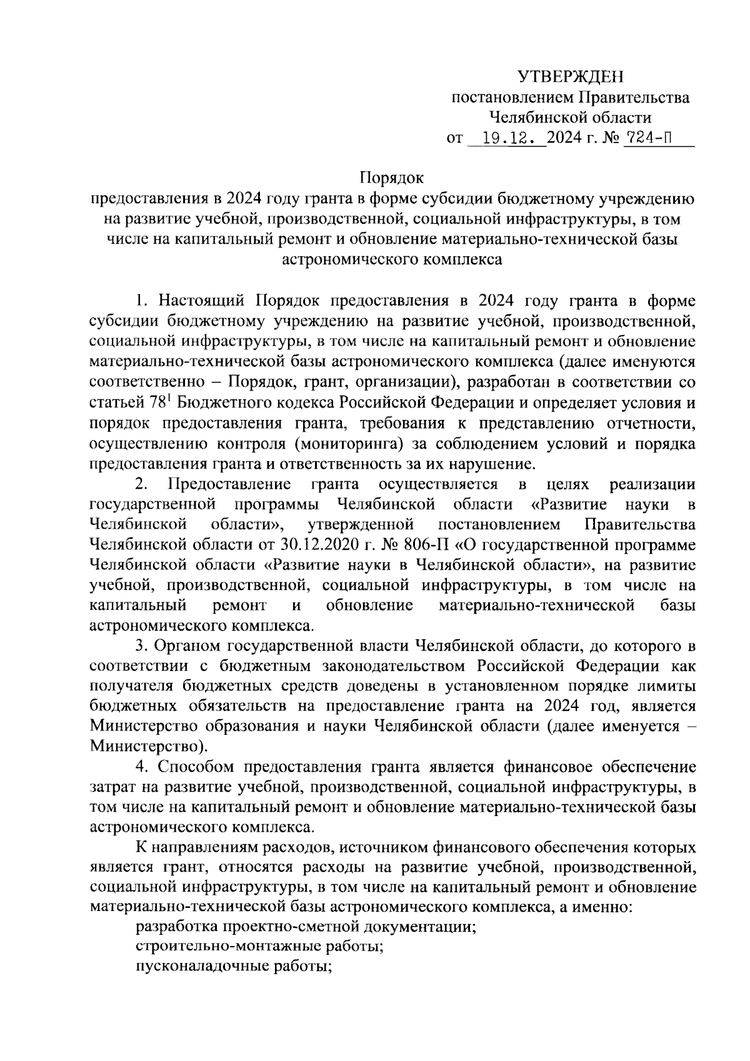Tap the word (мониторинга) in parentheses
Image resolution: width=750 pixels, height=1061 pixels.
[x=347, y=444]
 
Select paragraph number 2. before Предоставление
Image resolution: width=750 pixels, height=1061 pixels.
[x=141, y=484]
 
